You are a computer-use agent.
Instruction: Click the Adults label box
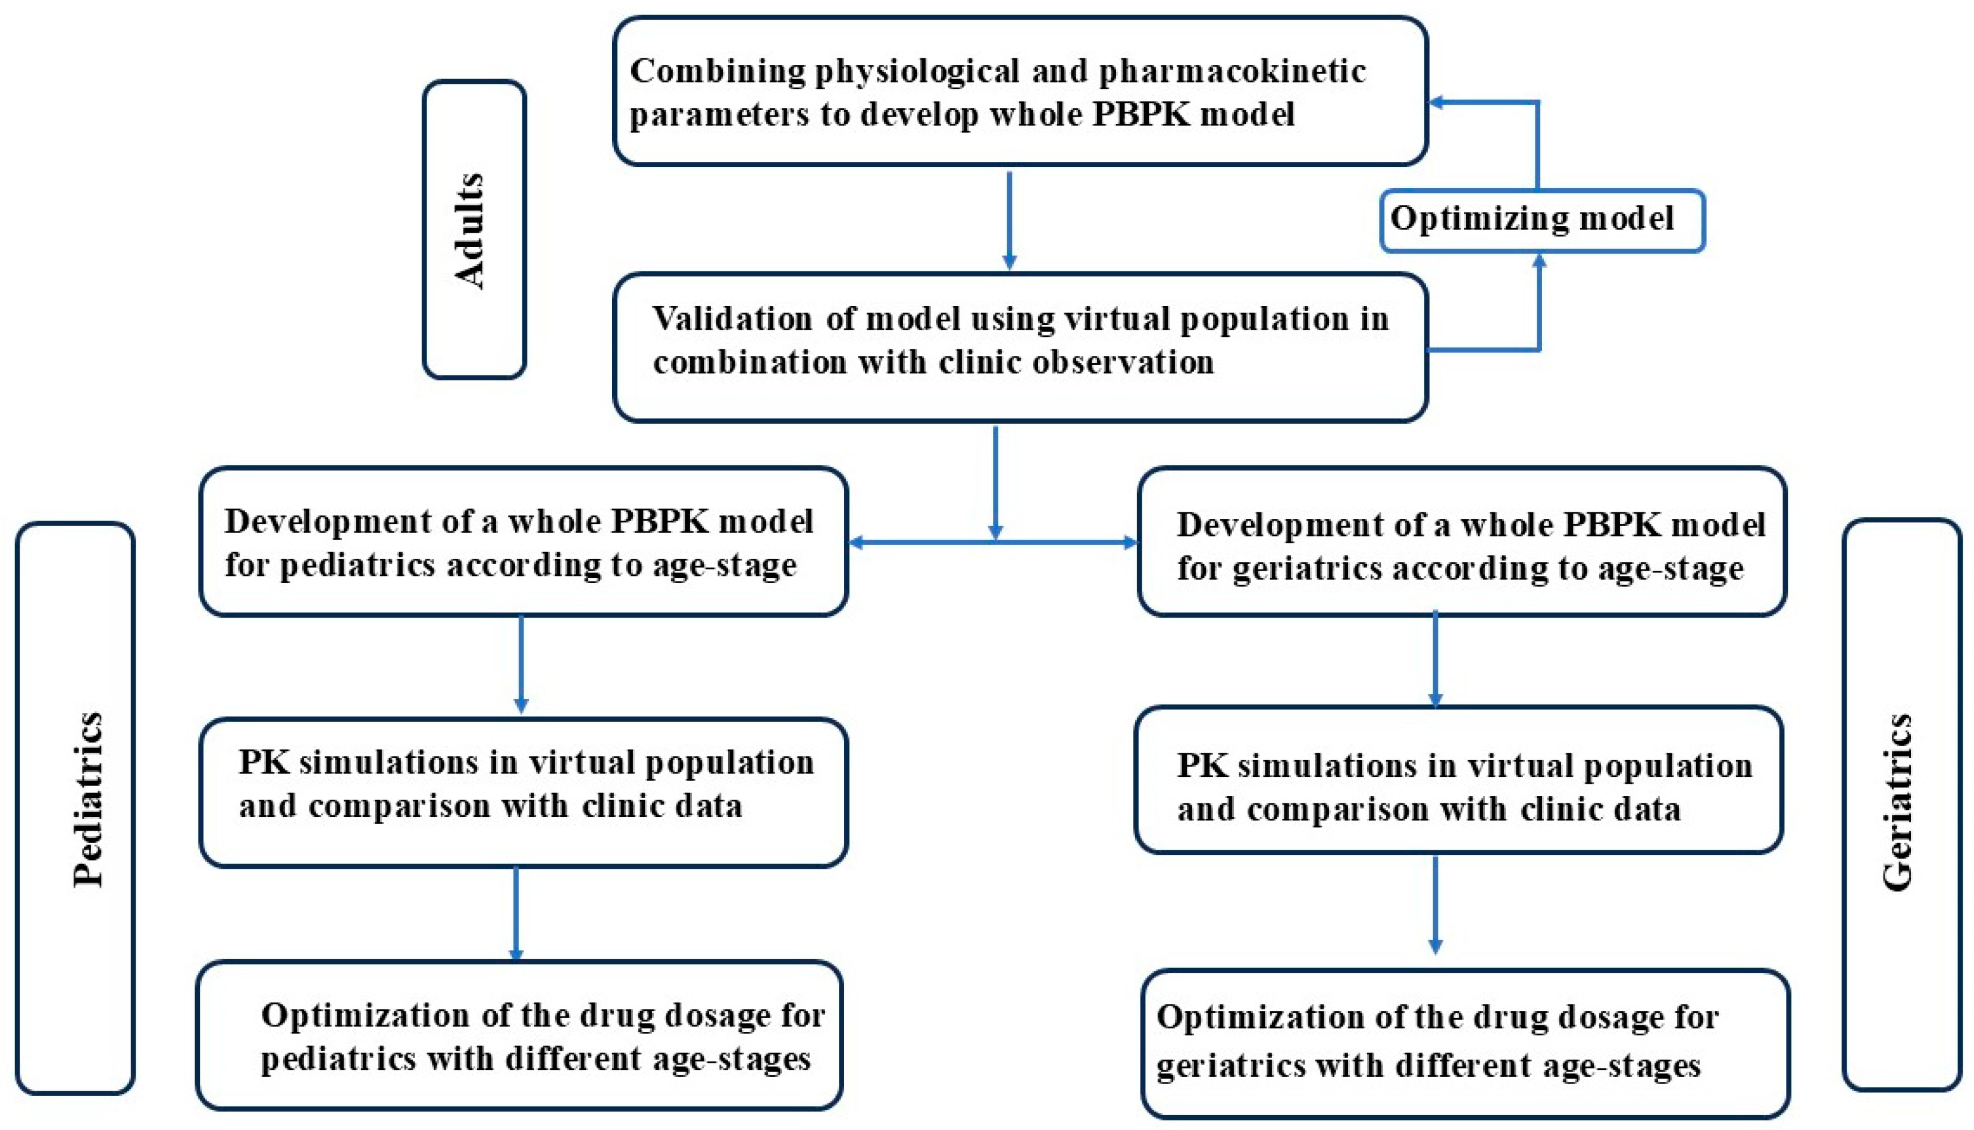coord(474,230)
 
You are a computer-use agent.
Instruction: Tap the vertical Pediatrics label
coord(87,799)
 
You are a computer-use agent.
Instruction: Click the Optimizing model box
coord(1541,220)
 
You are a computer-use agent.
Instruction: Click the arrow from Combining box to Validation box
coord(1009,221)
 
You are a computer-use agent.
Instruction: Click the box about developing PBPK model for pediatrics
coord(523,541)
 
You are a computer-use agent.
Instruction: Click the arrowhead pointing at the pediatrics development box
coord(857,543)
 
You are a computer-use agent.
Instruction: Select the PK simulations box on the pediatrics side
coord(523,791)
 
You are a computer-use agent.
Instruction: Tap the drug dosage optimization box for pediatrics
coord(519,1035)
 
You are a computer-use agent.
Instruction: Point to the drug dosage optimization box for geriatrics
coord(1465,1043)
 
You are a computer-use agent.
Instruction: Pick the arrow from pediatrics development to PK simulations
coord(521,664)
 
